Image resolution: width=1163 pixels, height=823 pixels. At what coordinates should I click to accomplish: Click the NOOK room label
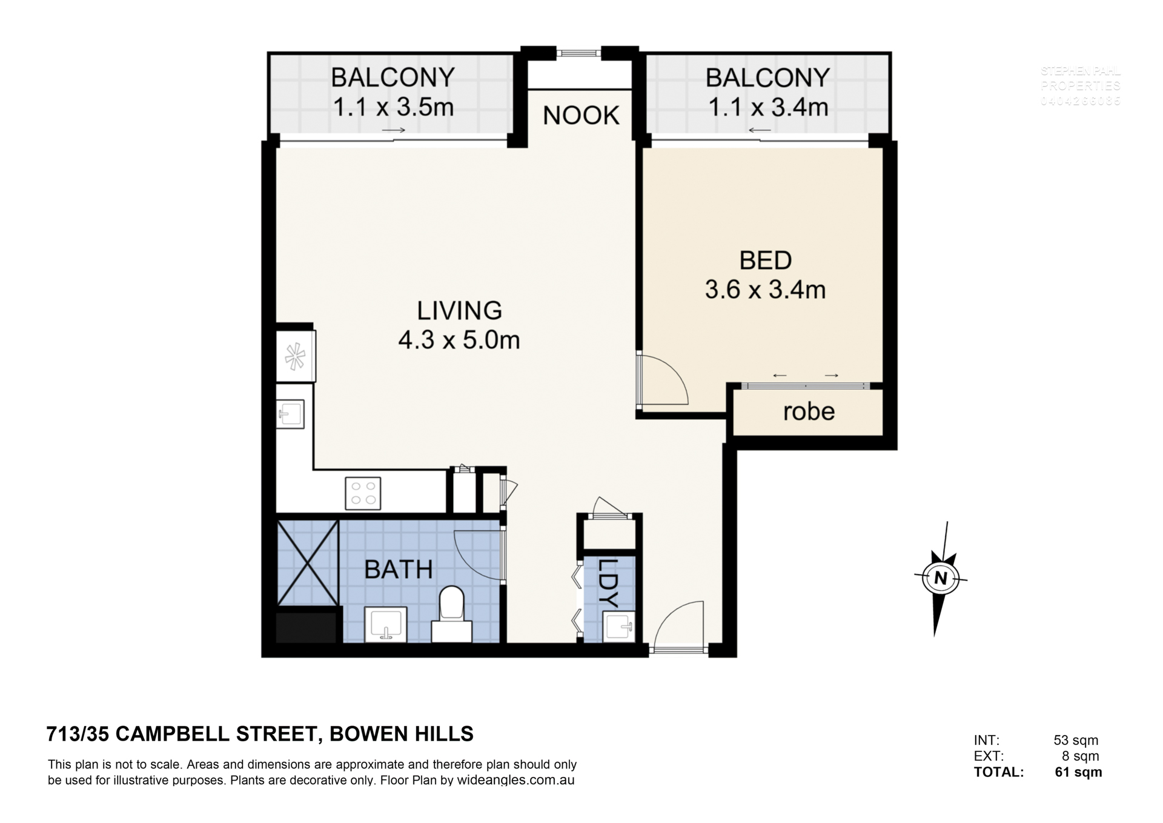pos(580,115)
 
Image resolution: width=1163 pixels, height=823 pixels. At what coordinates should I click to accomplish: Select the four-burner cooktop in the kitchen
pos(363,493)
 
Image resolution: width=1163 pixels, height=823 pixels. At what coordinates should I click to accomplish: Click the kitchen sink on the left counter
pos(291,415)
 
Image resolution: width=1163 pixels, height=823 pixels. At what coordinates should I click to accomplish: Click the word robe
pos(808,411)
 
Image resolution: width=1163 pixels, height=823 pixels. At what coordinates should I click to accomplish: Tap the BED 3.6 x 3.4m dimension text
pos(765,290)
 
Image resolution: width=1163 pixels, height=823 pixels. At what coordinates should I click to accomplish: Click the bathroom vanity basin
pos(386,624)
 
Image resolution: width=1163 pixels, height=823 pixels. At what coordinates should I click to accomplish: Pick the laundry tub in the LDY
pos(619,627)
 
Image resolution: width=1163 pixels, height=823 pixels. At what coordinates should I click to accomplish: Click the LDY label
pos(608,582)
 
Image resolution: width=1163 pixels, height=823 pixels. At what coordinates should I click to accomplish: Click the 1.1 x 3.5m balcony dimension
pos(393,108)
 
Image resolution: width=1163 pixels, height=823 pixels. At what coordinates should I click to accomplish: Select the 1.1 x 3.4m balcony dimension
pos(767,108)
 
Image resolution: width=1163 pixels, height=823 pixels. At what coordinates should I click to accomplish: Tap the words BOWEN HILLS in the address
pos(401,734)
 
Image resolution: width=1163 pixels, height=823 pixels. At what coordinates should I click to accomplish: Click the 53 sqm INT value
pos(1075,740)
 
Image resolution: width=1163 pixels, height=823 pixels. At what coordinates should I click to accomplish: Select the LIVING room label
pos(459,310)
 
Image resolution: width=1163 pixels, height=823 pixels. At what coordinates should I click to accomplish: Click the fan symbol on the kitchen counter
pos(295,356)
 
